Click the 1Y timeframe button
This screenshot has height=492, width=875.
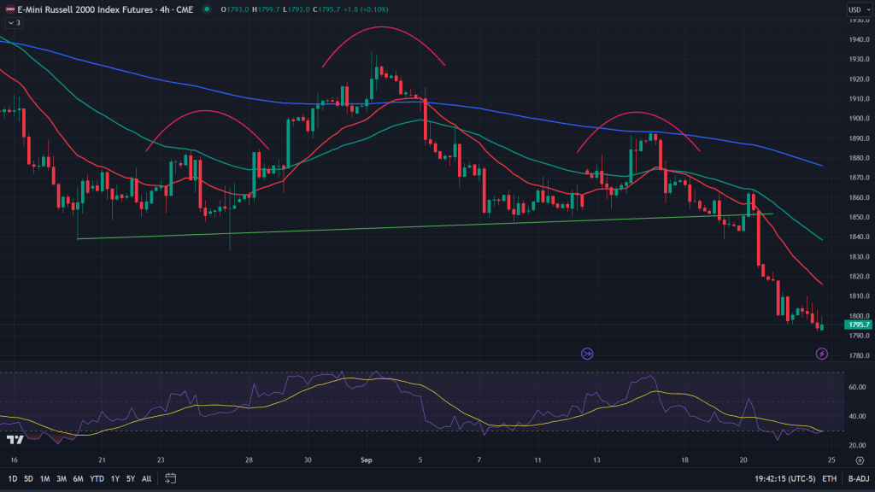coord(115,478)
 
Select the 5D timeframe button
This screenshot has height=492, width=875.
coord(28,478)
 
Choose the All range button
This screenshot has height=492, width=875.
coord(146,478)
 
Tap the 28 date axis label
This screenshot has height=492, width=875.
coord(249,460)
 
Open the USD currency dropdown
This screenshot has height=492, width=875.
coord(855,10)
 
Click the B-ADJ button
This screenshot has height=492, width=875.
coord(858,479)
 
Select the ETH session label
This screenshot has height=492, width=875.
coord(829,479)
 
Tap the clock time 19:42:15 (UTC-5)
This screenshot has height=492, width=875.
coord(784,479)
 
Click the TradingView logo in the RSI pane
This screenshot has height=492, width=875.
coord(14,440)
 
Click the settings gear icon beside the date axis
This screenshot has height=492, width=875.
coord(860,460)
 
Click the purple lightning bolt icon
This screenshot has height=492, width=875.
coord(822,353)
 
